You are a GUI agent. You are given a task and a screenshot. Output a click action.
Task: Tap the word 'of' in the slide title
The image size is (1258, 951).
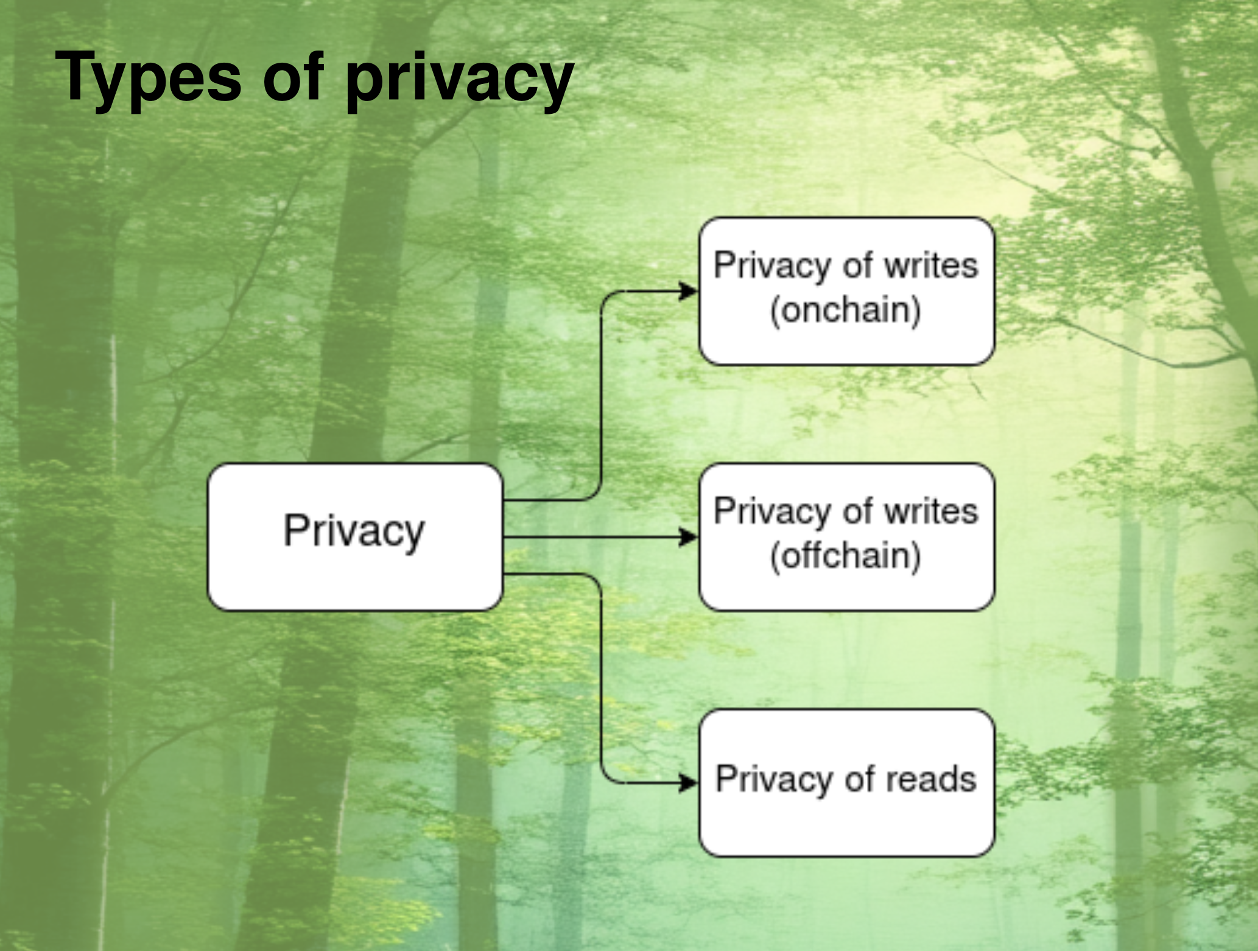(293, 76)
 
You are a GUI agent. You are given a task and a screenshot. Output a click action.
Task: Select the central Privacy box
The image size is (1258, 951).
(355, 537)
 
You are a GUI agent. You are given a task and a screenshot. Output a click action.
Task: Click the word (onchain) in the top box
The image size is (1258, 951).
(846, 311)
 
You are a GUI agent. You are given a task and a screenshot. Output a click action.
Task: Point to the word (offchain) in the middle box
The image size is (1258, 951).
(846, 556)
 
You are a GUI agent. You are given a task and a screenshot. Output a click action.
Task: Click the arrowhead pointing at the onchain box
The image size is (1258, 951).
(689, 291)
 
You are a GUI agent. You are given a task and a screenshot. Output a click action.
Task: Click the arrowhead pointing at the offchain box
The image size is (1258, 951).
(689, 537)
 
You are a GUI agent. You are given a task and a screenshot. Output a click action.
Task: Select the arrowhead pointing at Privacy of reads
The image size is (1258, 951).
(689, 782)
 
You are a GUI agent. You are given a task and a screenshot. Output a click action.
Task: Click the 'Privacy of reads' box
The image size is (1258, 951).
(847, 783)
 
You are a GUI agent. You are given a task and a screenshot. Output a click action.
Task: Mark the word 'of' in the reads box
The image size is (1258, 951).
(860, 779)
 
